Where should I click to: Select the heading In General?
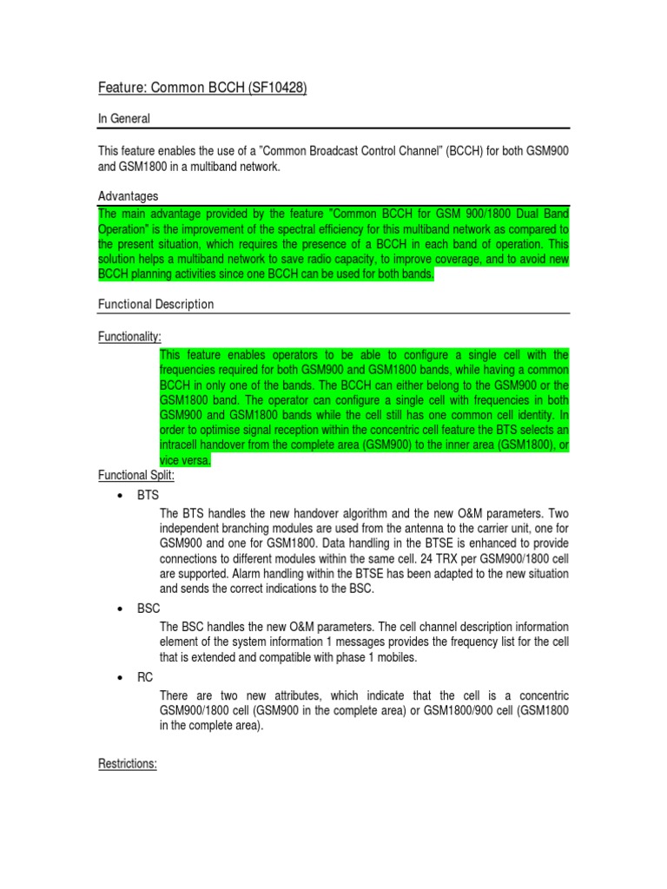pos(124,118)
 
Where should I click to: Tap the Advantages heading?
pos(128,196)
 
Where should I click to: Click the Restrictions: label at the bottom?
pos(127,765)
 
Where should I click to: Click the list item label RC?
pos(145,678)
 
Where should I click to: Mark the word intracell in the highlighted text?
pos(184,446)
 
